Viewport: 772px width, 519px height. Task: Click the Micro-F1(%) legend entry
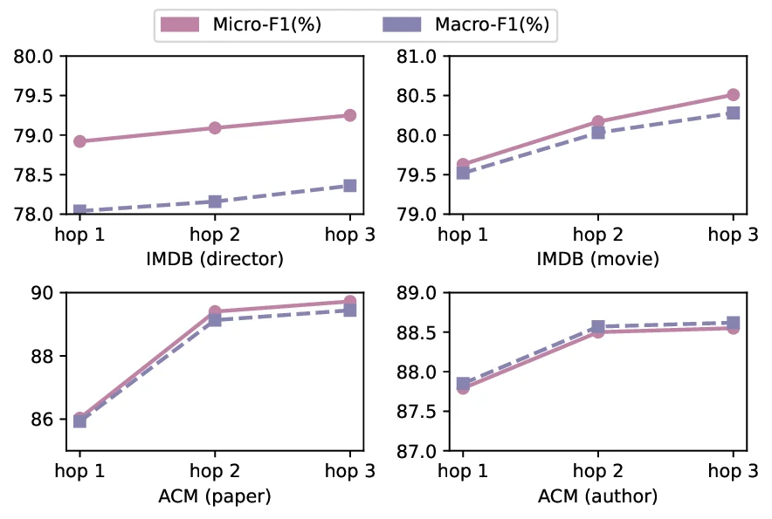241,24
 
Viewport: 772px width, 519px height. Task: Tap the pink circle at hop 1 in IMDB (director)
79,141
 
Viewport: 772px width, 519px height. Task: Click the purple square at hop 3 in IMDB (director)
350,186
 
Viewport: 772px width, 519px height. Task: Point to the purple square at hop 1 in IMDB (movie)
463,173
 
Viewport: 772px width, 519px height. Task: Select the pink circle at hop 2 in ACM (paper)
215,311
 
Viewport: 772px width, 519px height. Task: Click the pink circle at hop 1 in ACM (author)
463,387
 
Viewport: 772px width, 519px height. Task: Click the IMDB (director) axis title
215,259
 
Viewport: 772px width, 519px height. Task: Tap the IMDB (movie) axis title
598,259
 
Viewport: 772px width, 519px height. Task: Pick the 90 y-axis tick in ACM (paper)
42,294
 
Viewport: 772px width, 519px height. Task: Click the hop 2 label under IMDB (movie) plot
598,235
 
